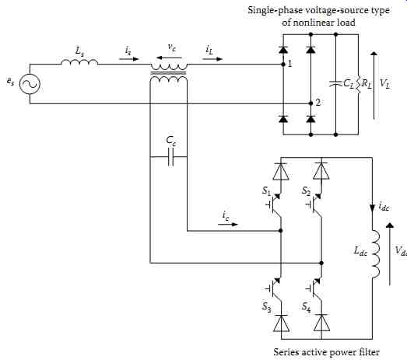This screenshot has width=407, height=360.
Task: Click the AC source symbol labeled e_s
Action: click(x=30, y=84)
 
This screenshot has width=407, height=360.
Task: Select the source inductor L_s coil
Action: click(x=79, y=61)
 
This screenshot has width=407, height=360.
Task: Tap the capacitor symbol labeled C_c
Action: click(x=170, y=157)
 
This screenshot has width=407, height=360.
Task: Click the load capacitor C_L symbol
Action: click(x=335, y=84)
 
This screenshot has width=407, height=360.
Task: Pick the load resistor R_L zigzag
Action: click(x=359, y=84)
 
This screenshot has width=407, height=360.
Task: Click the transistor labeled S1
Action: click(x=275, y=205)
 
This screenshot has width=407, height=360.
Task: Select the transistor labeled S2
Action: click(x=315, y=205)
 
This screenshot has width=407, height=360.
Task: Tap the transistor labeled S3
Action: click(x=275, y=288)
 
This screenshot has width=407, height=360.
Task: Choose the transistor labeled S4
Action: click(x=315, y=288)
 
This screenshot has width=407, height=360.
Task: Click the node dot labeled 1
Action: click(x=283, y=64)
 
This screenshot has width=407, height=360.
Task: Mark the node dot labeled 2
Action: click(x=311, y=103)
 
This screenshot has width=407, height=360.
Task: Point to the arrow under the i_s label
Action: click(x=129, y=59)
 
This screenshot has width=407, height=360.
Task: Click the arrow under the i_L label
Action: click(x=212, y=59)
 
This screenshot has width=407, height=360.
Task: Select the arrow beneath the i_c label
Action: click(x=228, y=225)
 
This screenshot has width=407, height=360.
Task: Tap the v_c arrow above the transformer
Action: click(x=170, y=58)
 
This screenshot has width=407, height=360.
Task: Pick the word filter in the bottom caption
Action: click(x=369, y=352)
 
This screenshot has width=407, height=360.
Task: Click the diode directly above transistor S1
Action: click(x=281, y=171)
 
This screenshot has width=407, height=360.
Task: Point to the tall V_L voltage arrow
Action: click(x=374, y=86)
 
